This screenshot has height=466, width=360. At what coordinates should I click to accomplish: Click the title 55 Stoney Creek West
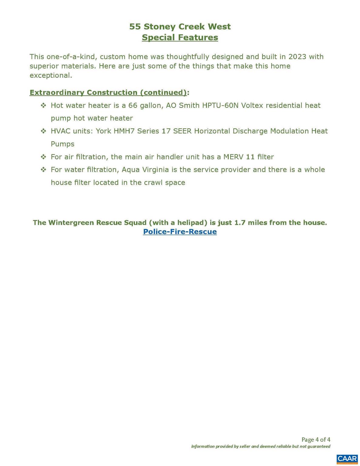click(x=180, y=27)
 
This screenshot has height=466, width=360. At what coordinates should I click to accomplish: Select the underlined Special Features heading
click(x=180, y=38)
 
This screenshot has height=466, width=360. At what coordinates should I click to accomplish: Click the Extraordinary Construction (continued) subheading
click(x=108, y=93)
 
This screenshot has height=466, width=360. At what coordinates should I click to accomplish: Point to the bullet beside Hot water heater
click(x=43, y=105)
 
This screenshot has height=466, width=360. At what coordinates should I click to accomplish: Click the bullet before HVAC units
click(x=43, y=131)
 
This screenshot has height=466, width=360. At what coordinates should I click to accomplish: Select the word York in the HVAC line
click(x=103, y=131)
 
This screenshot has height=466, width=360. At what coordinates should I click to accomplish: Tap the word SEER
click(x=182, y=131)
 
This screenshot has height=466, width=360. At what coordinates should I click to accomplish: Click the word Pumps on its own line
click(x=62, y=144)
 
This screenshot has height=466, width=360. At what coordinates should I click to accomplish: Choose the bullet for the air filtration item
click(x=43, y=157)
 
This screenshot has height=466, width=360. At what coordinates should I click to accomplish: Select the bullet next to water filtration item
click(x=43, y=170)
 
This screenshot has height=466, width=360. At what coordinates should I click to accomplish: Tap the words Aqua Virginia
click(x=145, y=170)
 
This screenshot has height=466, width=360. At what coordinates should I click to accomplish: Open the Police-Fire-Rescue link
click(x=180, y=232)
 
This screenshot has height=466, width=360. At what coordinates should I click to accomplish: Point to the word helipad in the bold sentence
click(x=191, y=223)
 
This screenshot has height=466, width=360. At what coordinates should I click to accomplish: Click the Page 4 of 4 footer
click(x=316, y=439)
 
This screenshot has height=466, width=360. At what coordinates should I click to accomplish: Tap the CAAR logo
click(x=347, y=459)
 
